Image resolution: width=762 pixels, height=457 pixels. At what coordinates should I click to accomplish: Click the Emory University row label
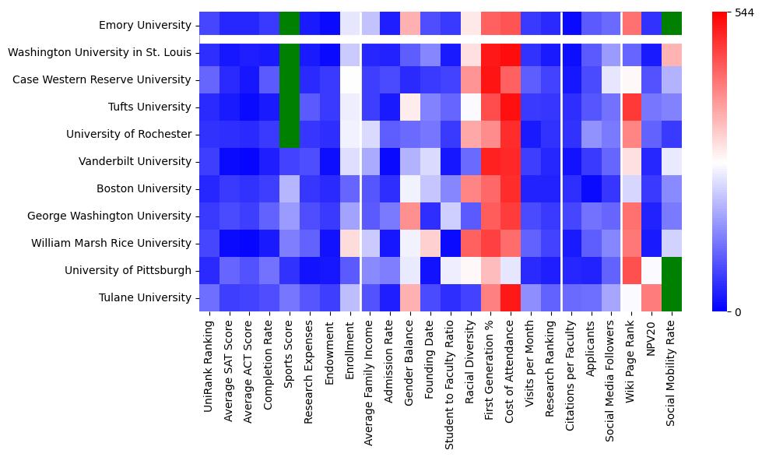click(145, 26)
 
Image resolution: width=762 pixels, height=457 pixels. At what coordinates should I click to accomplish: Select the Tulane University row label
click(148, 297)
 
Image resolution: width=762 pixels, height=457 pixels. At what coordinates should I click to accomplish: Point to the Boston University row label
click(145, 188)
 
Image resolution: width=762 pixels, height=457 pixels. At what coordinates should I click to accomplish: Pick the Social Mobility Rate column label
click(672, 374)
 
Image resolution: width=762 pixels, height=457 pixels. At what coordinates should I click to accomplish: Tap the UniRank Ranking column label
click(209, 367)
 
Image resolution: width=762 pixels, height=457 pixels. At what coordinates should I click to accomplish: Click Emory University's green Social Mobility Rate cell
click(672, 25)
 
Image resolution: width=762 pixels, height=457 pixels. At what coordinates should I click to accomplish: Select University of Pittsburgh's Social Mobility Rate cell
click(672, 270)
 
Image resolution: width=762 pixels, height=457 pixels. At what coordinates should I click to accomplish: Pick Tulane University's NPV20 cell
click(651, 297)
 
